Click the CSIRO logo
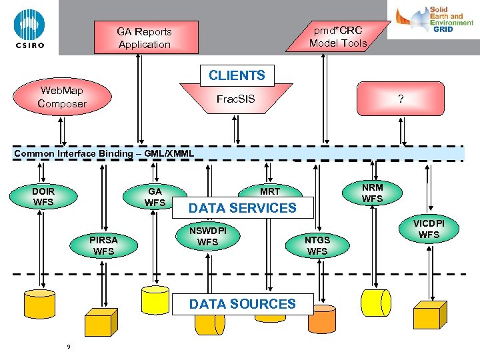pyautogui.click(x=29, y=28)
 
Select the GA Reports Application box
pyautogui.click(x=146, y=37)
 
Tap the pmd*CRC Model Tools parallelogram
pyautogui.click(x=338, y=37)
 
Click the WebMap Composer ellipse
pyautogui.click(x=62, y=97)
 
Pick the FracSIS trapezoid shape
pyautogui.click(x=236, y=99)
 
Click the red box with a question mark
pyautogui.click(x=401, y=99)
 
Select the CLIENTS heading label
pyautogui.click(x=237, y=75)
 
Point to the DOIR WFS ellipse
pyautogui.click(x=43, y=197)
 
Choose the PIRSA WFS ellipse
pyautogui.click(x=104, y=245)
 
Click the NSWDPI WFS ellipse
pyautogui.click(x=208, y=236)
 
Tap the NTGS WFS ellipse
pyautogui.click(x=317, y=245)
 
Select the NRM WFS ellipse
pyautogui.click(x=372, y=193)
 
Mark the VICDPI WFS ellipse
pyautogui.click(x=429, y=229)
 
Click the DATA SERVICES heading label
pyautogui.click(x=243, y=208)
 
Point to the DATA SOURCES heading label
pyautogui.click(x=243, y=304)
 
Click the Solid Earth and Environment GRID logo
pyautogui.click(x=433, y=19)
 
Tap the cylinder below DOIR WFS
pyautogui.click(x=39, y=304)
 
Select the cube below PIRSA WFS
pyautogui.click(x=101, y=322)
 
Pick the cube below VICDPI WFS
pyautogui.click(x=430, y=315)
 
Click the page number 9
pyautogui.click(x=69, y=347)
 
